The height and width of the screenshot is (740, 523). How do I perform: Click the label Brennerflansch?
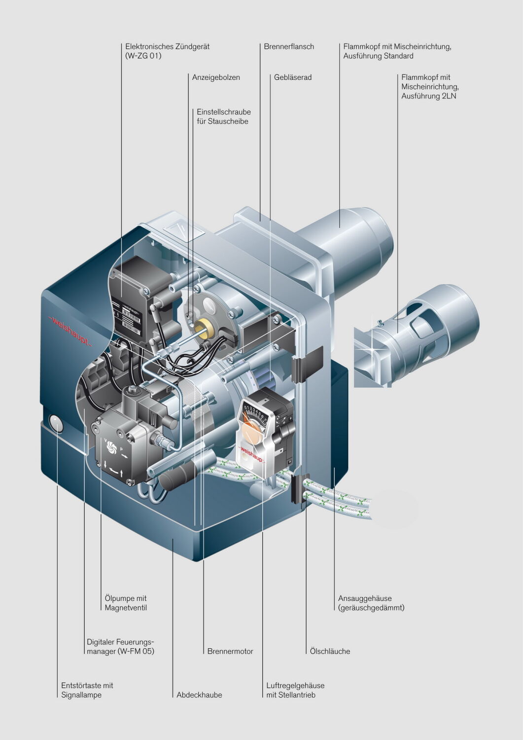(288, 46)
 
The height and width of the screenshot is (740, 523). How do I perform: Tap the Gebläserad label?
(292, 77)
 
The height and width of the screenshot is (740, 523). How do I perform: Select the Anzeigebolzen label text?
(216, 77)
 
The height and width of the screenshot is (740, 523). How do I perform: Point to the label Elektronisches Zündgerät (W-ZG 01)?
(167, 51)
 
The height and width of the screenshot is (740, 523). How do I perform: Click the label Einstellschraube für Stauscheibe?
(223, 116)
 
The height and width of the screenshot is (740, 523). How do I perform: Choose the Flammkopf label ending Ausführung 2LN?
(430, 86)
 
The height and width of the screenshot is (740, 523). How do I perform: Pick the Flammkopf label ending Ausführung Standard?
(397, 51)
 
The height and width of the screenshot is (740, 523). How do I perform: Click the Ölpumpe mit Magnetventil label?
(126, 603)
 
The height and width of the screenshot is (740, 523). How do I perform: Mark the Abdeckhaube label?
(199, 695)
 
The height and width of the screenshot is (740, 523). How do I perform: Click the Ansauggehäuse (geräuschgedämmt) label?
(371, 603)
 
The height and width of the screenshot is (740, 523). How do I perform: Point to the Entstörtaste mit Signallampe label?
(87, 690)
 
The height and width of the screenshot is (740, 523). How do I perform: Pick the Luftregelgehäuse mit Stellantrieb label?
(295, 690)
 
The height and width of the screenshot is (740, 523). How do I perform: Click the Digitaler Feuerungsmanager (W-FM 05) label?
(120, 646)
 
